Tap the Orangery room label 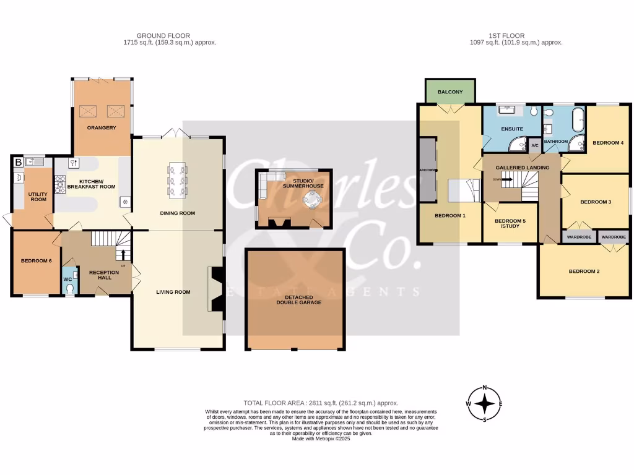[102, 128]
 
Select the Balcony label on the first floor [450, 92]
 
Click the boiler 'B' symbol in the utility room [17, 163]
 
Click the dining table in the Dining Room [177, 180]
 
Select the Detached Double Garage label [294, 300]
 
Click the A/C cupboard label [534, 146]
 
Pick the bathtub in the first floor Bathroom [578, 119]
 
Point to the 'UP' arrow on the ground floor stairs [122, 254]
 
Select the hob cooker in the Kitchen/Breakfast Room [61, 185]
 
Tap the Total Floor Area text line [321, 403]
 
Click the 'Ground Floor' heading [163, 36]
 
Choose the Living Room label [173, 292]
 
